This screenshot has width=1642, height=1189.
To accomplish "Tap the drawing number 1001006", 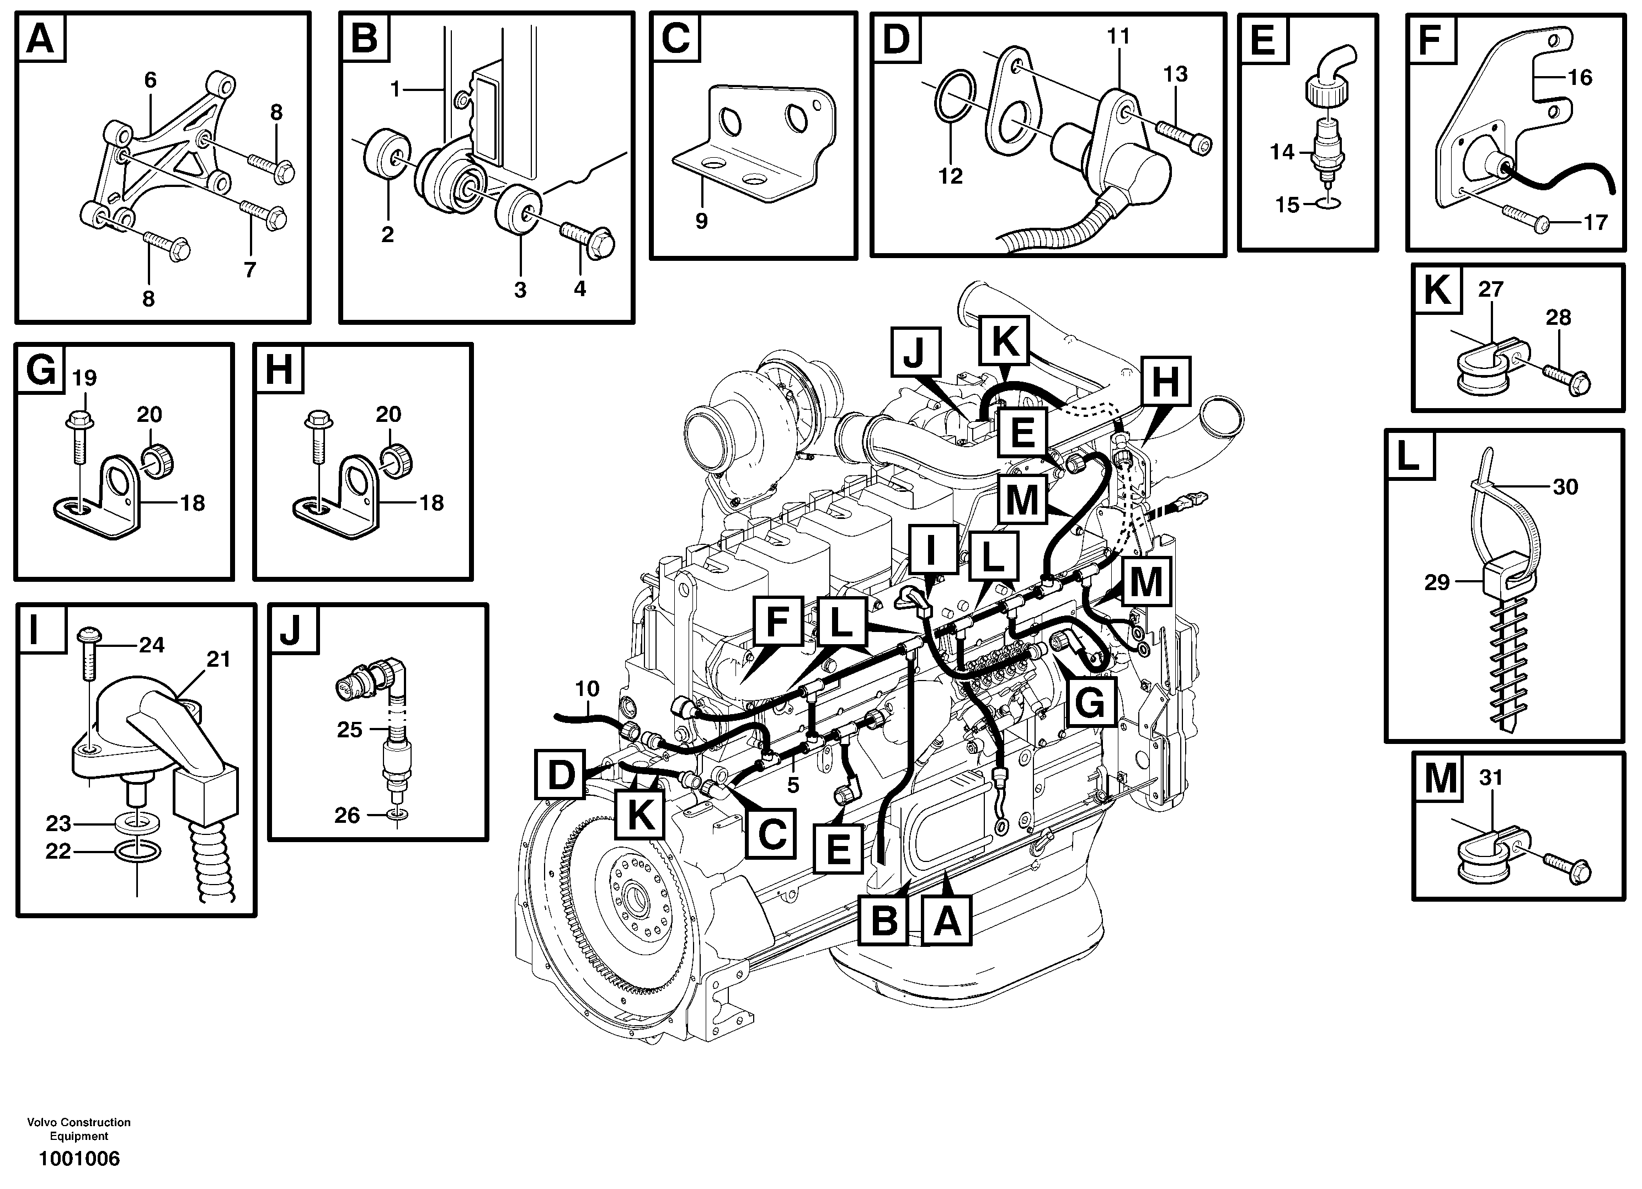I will [79, 1159].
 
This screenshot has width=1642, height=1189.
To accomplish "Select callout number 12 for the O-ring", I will [950, 176].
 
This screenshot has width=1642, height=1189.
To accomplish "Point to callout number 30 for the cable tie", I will [1565, 486].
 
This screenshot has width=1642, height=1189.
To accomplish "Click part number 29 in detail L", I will [1437, 582].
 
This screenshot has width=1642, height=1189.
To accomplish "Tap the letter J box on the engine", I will [915, 352].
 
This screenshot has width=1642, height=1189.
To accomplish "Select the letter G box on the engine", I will [1090, 701].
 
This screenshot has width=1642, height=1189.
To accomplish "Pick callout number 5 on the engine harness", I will [793, 785].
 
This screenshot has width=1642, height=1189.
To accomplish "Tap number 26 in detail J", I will [347, 816].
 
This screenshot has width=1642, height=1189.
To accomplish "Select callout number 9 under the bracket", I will [701, 221].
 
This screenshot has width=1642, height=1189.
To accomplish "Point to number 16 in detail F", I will [1580, 77].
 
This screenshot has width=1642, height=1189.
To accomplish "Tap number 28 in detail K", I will [1558, 318].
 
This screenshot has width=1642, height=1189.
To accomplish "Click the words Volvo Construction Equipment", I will [79, 1129].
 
